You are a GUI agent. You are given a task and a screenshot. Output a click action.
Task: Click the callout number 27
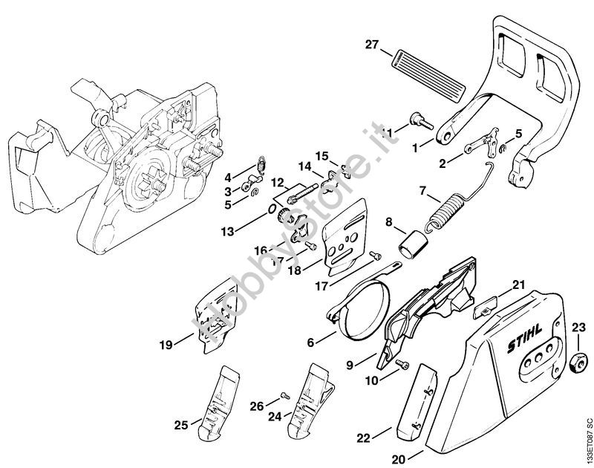pyautogui.click(x=371, y=46)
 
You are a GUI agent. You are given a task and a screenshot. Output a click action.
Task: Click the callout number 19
pyautogui.click(x=165, y=344)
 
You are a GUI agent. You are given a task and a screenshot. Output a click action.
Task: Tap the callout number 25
pyautogui.click(x=180, y=425)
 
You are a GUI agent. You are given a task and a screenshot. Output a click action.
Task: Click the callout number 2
pyautogui.click(x=442, y=163)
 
